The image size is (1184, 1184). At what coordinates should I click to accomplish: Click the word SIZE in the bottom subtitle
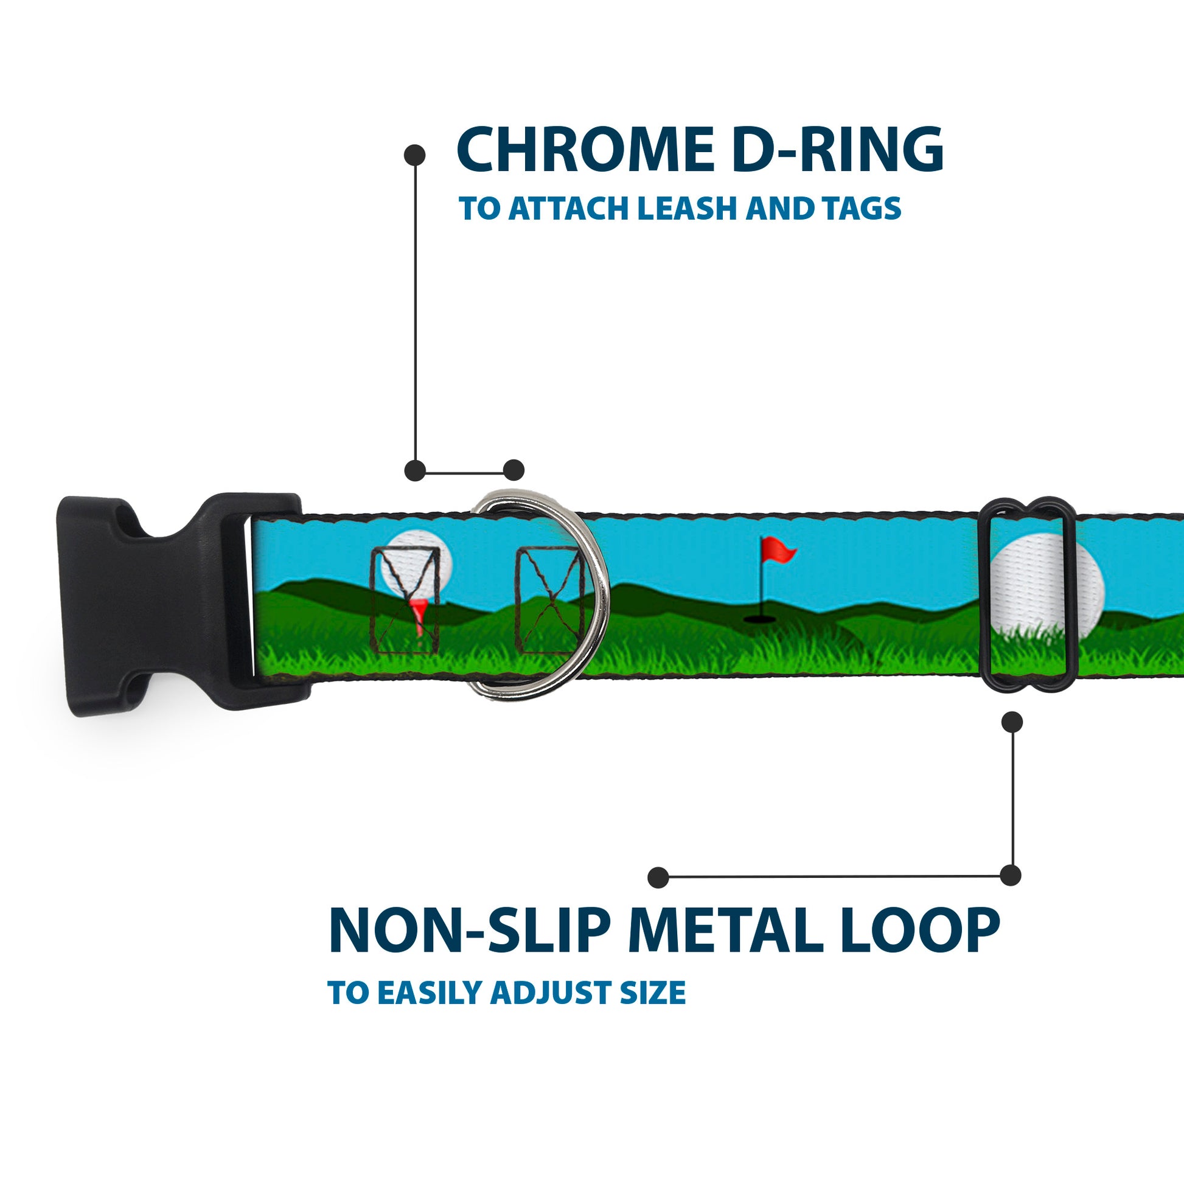[653, 994]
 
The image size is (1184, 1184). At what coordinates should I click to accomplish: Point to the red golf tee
[419, 616]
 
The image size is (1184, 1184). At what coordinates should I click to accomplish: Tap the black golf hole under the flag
[757, 619]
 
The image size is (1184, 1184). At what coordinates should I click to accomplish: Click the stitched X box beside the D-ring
[548, 601]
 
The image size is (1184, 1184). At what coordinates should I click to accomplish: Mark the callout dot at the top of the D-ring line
[415, 155]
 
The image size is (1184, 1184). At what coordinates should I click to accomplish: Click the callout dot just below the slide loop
[1012, 722]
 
